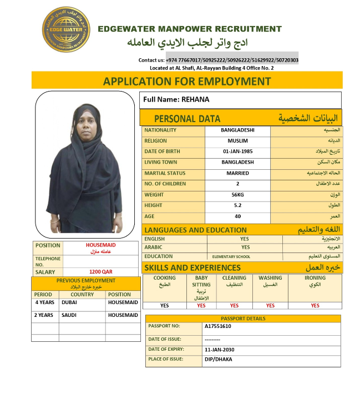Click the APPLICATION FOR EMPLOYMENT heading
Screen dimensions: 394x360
coord(187,81)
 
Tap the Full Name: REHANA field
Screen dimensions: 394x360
coord(176,99)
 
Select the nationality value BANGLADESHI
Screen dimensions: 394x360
coord(237,130)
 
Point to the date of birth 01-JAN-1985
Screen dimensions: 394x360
coord(237,151)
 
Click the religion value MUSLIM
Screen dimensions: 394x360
coord(237,141)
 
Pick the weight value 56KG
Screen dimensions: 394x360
coord(237,195)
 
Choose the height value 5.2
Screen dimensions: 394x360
coord(237,205)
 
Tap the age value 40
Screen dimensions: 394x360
coord(237,216)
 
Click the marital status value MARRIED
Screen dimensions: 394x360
coord(237,173)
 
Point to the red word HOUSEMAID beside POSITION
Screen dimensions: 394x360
coord(101,245)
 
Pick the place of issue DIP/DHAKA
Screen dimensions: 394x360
coord(219,359)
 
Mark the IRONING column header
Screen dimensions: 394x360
coord(315,277)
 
